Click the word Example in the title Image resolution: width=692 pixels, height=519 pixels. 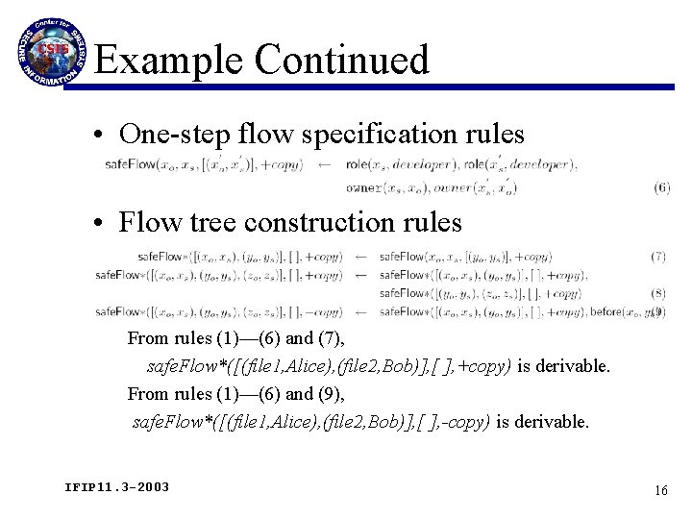(x=170, y=60)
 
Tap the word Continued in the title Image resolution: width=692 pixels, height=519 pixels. (x=342, y=60)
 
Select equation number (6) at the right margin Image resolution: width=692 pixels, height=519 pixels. (x=660, y=188)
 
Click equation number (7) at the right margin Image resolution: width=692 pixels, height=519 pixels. (x=657, y=257)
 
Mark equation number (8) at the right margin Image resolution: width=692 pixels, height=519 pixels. (x=657, y=293)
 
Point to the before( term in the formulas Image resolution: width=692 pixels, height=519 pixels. (x=606, y=311)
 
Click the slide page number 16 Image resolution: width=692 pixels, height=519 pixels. (x=660, y=490)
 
